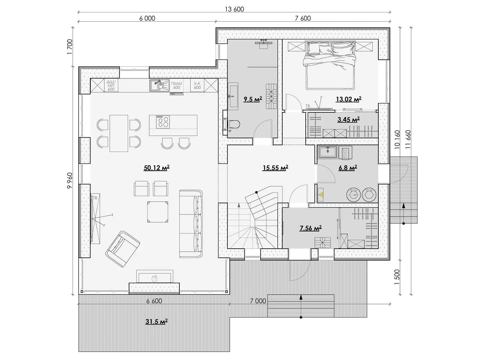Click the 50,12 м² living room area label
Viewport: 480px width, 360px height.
point(157,168)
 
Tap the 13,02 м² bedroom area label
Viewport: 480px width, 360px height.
point(349,99)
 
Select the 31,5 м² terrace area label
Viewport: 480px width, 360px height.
point(157,322)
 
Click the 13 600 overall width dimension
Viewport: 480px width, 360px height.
point(234,9)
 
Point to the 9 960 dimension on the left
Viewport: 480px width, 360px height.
point(70,180)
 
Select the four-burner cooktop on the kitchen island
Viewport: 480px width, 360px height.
point(163,122)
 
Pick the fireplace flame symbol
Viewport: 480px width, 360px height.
point(155,278)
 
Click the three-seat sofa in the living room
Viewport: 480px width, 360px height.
point(191,224)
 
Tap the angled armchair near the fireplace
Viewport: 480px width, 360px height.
point(123,249)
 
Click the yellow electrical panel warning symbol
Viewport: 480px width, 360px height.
point(321,195)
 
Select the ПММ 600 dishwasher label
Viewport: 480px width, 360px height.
point(177,85)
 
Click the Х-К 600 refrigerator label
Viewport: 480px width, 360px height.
point(197,85)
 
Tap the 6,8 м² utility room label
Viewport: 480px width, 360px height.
point(348,168)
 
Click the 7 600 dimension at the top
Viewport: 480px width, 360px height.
point(303,18)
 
